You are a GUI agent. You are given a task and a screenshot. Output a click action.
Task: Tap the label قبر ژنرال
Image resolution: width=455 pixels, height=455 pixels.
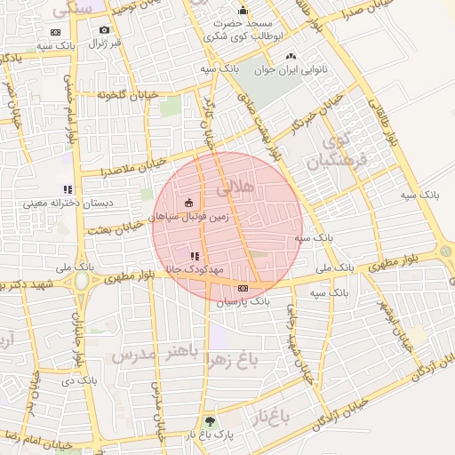(x=104, y=43)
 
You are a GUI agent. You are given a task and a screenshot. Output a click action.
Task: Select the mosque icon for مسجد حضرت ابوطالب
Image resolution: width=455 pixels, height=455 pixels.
(x=243, y=11)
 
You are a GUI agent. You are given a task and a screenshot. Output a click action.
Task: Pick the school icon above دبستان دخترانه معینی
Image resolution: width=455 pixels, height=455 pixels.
(x=67, y=189)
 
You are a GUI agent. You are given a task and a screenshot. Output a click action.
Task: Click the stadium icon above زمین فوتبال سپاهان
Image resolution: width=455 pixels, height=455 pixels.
(x=188, y=204)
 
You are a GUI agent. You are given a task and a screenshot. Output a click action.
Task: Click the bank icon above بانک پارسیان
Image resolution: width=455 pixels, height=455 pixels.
(x=243, y=288)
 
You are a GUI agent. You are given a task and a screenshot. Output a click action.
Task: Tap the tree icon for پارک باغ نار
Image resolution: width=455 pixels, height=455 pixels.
(x=210, y=421)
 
